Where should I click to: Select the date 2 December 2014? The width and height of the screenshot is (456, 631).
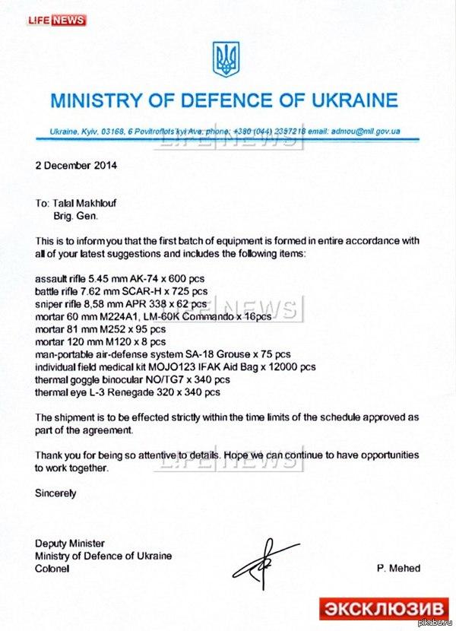tap(76, 163)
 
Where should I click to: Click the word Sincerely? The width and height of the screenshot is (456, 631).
tap(55, 493)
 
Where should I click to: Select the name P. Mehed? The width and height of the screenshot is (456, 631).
tap(398, 568)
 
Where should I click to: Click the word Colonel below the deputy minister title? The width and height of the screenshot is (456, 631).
tap(52, 568)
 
